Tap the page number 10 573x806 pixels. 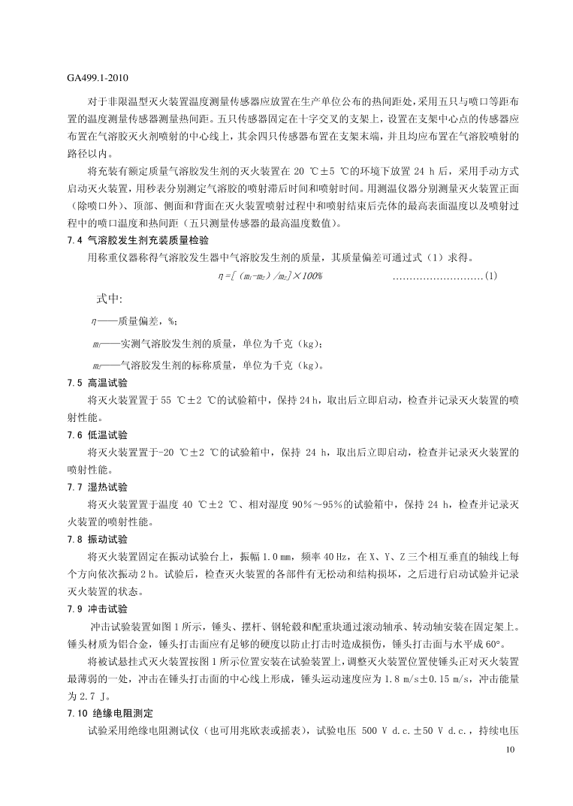tap(511, 750)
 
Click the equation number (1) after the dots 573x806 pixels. tap(490, 276)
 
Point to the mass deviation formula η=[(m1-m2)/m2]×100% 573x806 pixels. tap(269, 276)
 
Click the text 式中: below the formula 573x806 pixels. tap(109, 299)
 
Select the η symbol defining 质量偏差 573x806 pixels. tap(93, 321)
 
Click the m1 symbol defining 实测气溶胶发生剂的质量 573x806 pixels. tap(96, 344)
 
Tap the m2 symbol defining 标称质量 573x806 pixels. tap(96, 366)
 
